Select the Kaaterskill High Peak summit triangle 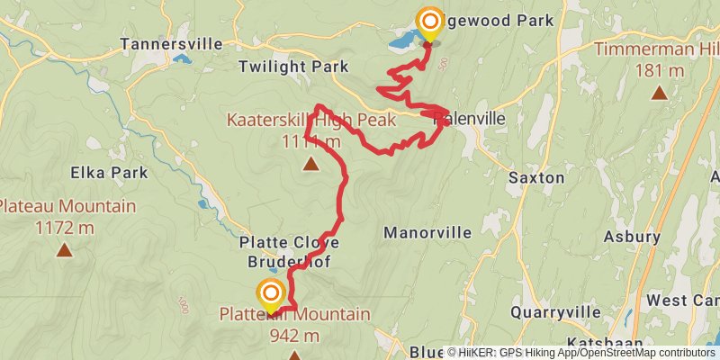[310, 164]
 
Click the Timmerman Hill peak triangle [660, 92]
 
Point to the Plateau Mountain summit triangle [63, 249]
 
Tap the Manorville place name [427, 232]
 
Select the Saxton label [536, 177]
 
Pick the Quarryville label [555, 312]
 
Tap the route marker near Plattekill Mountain [270, 293]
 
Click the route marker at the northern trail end [429, 22]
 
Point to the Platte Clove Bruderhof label [289, 253]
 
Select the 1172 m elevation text [63, 227]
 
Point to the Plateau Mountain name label [67, 206]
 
